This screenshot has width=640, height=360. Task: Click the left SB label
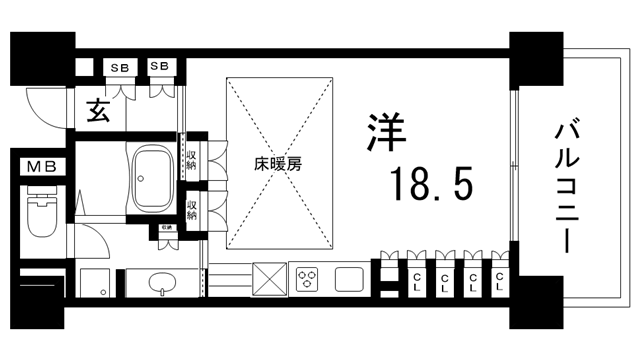120,67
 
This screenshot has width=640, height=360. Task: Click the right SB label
159,67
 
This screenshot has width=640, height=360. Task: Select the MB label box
41,166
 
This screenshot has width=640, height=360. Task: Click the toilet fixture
41,215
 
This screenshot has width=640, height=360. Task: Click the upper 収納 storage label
191,159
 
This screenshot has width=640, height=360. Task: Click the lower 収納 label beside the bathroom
191,209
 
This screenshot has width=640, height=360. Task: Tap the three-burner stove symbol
305,275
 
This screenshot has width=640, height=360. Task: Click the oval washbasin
159,283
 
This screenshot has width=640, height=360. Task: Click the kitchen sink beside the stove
351,275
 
